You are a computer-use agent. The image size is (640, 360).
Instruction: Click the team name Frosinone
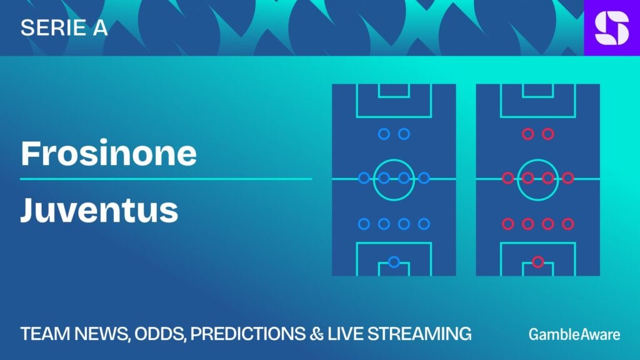[109, 153]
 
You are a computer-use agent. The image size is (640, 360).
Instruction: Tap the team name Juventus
[99, 210]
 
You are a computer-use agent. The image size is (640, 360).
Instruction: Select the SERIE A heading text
[64, 27]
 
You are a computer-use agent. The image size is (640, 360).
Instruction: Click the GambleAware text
[574, 334]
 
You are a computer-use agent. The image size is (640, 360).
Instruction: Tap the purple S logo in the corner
[612, 27]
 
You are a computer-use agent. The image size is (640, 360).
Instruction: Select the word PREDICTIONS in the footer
[247, 334]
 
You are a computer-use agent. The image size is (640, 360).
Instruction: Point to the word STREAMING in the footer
[419, 334]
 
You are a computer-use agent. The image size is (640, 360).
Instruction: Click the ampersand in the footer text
[316, 334]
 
